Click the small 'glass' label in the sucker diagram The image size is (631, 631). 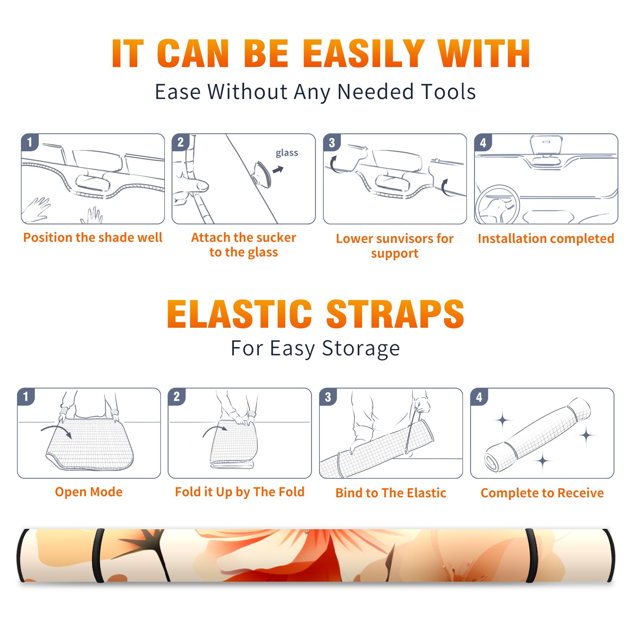coord(287,153)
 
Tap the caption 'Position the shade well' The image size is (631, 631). coord(93,237)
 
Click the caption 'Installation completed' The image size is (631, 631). coord(546,238)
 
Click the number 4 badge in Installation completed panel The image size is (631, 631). coord(483,142)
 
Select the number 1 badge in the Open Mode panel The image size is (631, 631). coord(26,396)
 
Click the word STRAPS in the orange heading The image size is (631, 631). coord(395,314)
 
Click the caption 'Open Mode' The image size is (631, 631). coord(89,492)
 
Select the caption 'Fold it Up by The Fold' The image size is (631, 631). coord(240,492)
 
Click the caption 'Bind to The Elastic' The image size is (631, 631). coord(391,493)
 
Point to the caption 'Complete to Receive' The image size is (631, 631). coord(542,493)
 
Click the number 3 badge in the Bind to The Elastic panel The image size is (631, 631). coord(328,397)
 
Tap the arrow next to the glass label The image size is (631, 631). coord(278,170)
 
